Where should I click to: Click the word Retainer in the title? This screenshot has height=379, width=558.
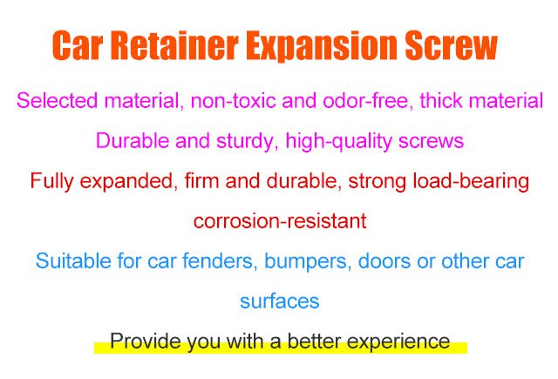click(x=174, y=45)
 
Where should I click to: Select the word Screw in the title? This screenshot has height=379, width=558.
click(x=452, y=45)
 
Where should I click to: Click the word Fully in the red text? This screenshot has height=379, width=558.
click(x=51, y=181)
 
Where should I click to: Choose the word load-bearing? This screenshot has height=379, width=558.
click(x=471, y=181)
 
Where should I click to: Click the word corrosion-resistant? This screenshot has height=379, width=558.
click(x=280, y=221)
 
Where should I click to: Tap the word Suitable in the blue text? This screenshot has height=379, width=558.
click(x=73, y=261)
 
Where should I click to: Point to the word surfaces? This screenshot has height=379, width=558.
click(x=280, y=301)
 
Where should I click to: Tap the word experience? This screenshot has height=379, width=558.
click(x=398, y=342)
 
